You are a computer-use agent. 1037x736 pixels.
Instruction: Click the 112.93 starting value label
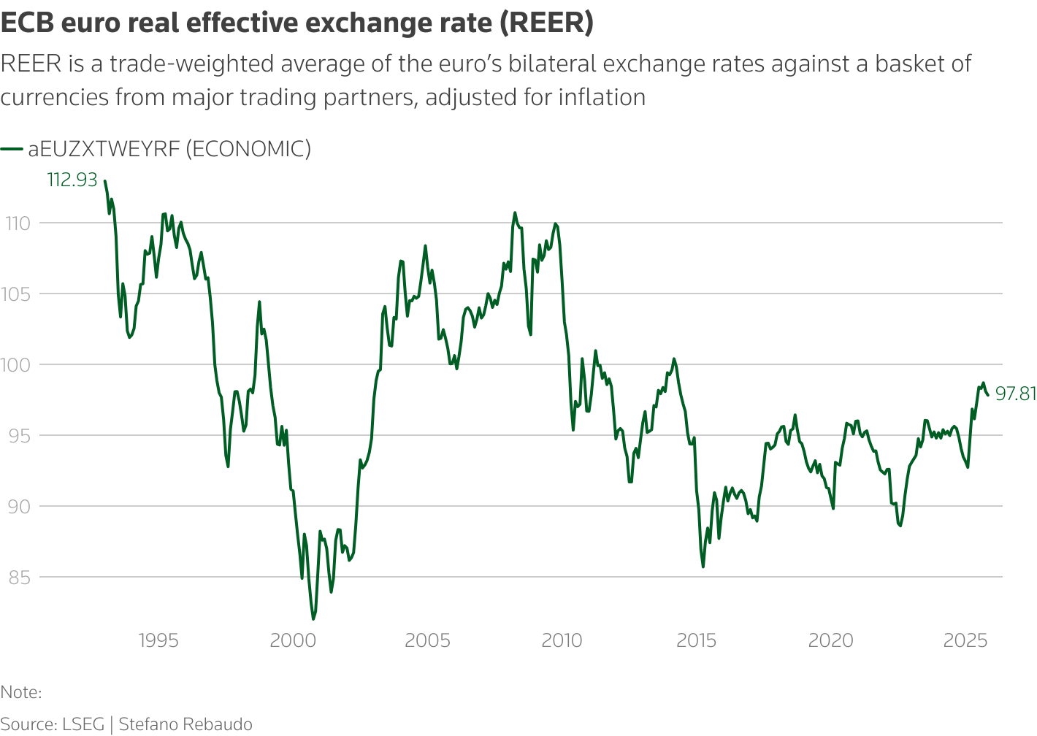[72, 180]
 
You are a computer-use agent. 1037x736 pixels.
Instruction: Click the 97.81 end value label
[1016, 394]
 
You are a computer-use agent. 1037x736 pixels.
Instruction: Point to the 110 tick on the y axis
[19, 223]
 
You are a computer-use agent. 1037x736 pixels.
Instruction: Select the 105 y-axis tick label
[19, 294]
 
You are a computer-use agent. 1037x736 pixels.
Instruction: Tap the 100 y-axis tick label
[18, 365]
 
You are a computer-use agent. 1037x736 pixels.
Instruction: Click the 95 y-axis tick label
[19, 436]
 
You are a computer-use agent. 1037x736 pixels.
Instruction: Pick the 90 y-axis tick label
[19, 507]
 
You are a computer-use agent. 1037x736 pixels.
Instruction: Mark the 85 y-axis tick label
[19, 578]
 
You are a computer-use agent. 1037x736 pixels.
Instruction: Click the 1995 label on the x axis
[158, 641]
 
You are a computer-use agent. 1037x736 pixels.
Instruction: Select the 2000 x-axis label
[293, 641]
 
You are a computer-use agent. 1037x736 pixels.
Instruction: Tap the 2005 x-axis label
[427, 641]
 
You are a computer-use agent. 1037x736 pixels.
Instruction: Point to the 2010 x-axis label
[562, 641]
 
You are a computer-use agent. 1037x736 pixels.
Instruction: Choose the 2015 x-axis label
[696, 641]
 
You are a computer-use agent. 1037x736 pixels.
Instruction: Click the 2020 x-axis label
[830, 641]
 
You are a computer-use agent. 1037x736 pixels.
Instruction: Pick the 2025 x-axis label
[965, 641]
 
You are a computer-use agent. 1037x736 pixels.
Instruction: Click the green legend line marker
[12, 149]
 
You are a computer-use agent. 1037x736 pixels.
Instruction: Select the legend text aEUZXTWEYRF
[104, 149]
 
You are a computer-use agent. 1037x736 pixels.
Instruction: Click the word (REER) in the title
[546, 23]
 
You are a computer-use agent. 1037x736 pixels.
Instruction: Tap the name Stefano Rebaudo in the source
[185, 724]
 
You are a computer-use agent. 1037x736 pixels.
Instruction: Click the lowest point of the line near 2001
[313, 619]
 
